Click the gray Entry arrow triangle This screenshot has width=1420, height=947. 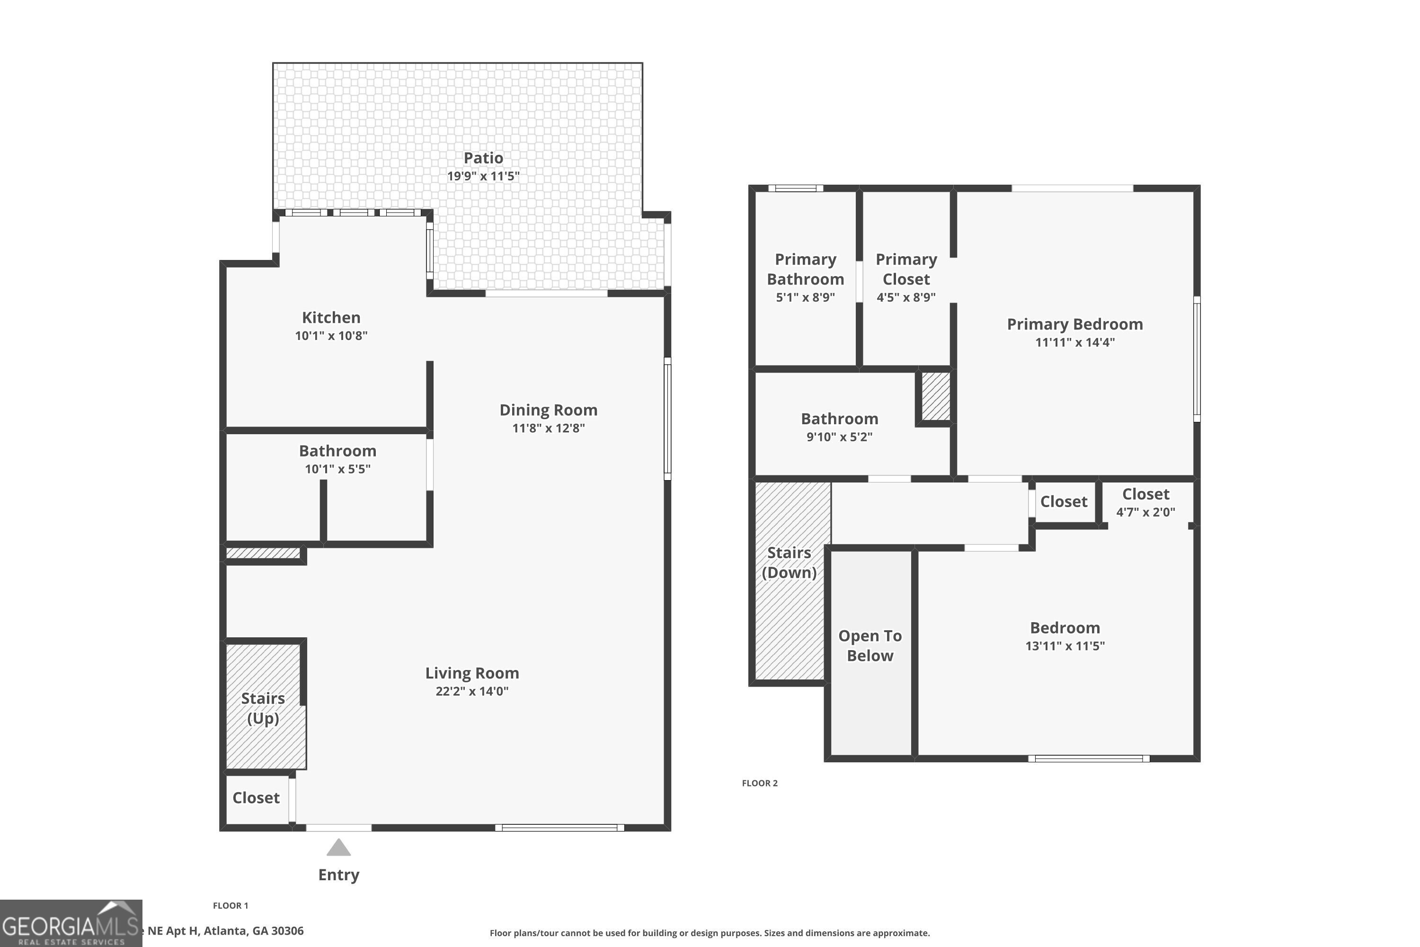pyautogui.click(x=339, y=849)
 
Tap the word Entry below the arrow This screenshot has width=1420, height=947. pyautogui.click(x=339, y=875)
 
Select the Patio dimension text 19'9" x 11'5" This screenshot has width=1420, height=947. pyautogui.click(x=483, y=176)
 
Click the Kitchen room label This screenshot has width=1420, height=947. pyautogui.click(x=331, y=318)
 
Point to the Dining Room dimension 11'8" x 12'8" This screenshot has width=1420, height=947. pyautogui.click(x=548, y=428)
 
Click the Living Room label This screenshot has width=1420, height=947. pyautogui.click(x=472, y=673)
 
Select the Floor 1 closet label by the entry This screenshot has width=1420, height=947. pyautogui.click(x=256, y=798)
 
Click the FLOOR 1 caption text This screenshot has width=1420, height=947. pyautogui.click(x=231, y=905)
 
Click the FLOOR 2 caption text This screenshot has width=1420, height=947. pyautogui.click(x=760, y=783)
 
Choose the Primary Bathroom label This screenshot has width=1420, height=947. pyautogui.click(x=806, y=269)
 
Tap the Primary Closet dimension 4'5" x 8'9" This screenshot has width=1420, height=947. pyautogui.click(x=905, y=297)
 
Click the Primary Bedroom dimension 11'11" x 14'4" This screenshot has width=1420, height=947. pyautogui.click(x=1074, y=342)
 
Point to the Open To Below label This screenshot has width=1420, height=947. pyautogui.click(x=870, y=646)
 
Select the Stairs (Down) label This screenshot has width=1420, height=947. pyautogui.click(x=789, y=563)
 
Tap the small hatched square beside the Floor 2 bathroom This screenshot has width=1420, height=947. pyautogui.click(x=935, y=396)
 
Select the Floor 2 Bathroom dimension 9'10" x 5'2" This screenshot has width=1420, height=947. pyautogui.click(x=839, y=437)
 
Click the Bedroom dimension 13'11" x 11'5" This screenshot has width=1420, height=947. pyautogui.click(x=1065, y=646)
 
